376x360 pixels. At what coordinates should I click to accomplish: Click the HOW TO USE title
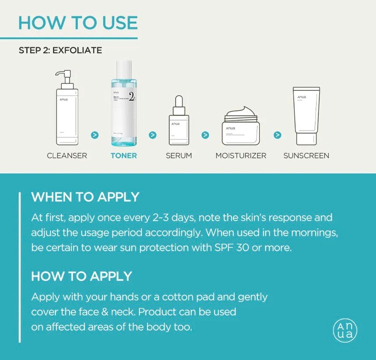click(78, 23)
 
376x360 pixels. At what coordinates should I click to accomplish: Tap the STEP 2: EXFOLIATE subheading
click(60, 50)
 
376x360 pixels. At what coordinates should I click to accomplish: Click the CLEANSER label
click(67, 156)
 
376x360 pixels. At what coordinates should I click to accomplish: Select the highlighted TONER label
click(124, 156)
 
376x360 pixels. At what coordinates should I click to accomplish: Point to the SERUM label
click(178, 156)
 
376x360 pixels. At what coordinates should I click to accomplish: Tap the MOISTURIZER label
click(242, 156)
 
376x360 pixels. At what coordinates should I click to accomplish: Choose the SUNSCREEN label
click(306, 156)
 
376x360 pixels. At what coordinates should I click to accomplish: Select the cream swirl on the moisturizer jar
click(242, 112)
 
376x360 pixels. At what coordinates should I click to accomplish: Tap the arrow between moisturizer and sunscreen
click(277, 135)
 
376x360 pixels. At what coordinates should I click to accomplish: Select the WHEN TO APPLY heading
click(85, 198)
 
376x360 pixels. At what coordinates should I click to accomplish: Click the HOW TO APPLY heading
click(81, 276)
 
